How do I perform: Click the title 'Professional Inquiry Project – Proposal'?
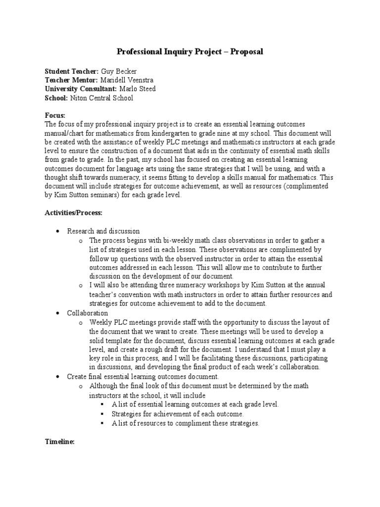(x=190, y=51)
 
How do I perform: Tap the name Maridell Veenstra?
(x=128, y=80)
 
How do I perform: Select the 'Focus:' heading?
(x=55, y=115)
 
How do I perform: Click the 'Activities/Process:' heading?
(x=73, y=212)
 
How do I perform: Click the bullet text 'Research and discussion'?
(x=103, y=231)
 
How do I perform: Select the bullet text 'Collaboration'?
(x=88, y=313)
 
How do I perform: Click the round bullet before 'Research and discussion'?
(x=58, y=232)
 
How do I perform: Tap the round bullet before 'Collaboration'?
(x=58, y=314)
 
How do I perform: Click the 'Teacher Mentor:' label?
(x=71, y=80)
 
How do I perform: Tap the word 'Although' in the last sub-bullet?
(x=102, y=386)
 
